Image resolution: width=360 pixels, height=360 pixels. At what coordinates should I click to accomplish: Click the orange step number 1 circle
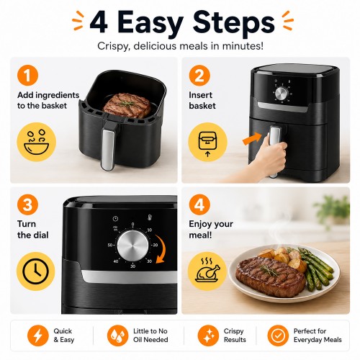point(27,76)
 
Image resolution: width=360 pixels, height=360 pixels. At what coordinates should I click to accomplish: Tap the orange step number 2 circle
point(199,76)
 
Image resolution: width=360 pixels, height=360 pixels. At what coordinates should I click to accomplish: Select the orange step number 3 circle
point(27,204)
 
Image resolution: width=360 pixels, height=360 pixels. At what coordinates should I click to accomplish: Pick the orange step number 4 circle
point(199,204)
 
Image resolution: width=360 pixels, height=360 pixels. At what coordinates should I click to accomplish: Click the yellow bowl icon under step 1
point(37,142)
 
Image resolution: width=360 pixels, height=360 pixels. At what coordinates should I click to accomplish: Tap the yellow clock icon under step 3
point(36,271)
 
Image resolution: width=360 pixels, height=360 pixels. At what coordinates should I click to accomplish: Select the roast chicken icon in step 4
point(207,271)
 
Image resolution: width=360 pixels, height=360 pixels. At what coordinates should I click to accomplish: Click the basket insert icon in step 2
point(208,142)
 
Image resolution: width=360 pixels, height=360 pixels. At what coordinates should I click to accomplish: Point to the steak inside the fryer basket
point(127,105)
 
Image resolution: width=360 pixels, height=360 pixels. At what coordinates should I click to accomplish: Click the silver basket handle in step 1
point(108,149)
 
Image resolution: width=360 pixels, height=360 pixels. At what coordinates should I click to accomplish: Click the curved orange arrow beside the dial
point(161,249)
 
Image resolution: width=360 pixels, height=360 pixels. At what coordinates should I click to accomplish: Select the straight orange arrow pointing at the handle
point(252,138)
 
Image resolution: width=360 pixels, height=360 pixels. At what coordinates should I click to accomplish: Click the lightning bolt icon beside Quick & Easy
point(37,336)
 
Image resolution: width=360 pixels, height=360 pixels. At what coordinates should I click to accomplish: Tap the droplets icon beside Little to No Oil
point(117,336)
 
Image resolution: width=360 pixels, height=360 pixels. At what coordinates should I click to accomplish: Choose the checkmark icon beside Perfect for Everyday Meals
point(278,336)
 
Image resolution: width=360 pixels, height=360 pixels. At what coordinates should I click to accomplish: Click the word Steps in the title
point(234,23)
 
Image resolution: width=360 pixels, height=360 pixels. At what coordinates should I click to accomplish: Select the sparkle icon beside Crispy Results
point(208,336)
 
